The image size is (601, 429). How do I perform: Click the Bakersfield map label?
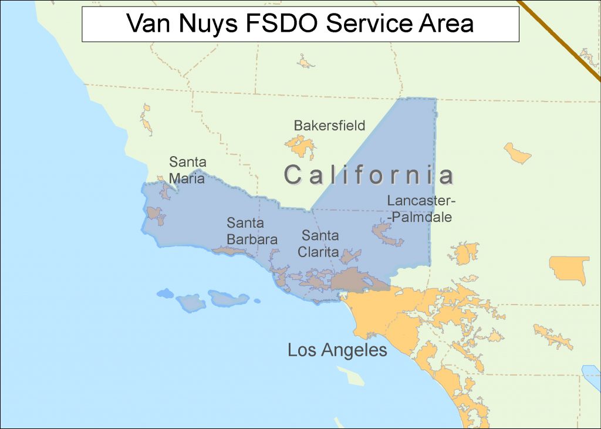[329, 125]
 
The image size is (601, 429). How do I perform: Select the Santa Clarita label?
[320, 244]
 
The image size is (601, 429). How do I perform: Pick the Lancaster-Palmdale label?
[421, 209]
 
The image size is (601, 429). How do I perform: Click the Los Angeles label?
[337, 350]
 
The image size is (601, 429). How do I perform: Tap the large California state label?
[369, 175]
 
